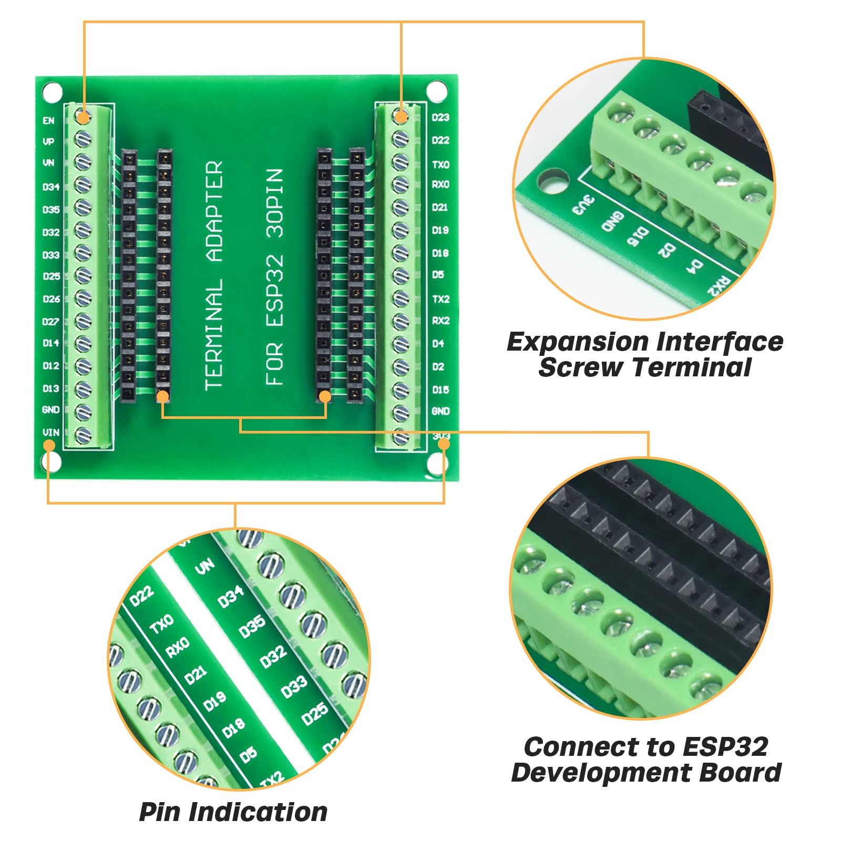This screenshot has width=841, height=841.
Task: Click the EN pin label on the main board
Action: (x=48, y=120)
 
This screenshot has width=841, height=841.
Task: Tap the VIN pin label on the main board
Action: (x=50, y=432)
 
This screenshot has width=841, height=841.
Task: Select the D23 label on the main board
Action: (x=440, y=117)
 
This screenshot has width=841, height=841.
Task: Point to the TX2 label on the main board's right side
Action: (x=440, y=299)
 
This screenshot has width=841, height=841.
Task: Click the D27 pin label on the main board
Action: (x=50, y=321)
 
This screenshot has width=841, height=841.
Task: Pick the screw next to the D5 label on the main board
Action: (x=401, y=275)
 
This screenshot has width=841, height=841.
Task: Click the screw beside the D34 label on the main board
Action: (x=83, y=185)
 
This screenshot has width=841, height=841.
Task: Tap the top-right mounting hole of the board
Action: (x=436, y=91)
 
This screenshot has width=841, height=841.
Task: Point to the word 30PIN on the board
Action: (x=274, y=202)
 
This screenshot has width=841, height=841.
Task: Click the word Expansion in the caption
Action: (x=577, y=342)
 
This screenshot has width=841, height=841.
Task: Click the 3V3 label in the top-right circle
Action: (x=583, y=205)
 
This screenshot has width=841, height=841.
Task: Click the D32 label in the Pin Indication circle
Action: (x=273, y=656)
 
